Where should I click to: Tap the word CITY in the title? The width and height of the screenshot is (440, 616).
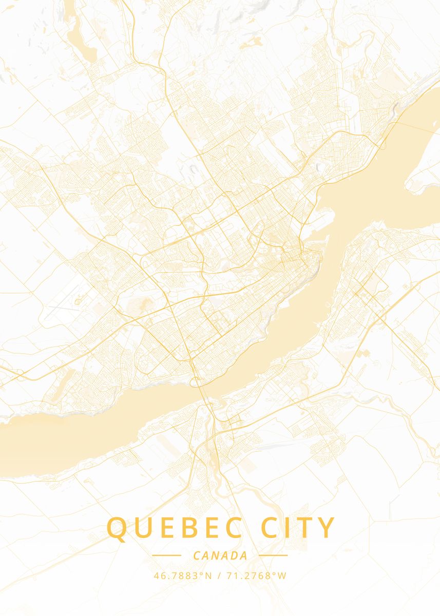click(298, 528)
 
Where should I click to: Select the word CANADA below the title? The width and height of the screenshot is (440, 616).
click(220, 555)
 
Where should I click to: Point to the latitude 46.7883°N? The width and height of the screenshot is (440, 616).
click(183, 575)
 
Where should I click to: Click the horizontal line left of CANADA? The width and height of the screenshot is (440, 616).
click(167, 555)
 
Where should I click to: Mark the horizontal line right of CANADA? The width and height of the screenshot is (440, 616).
click(273, 555)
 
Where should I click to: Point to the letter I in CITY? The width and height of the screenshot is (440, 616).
click(289, 528)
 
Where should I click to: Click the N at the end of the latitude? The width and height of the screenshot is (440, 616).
click(208, 575)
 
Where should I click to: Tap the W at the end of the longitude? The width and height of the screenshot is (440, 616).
click(282, 575)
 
